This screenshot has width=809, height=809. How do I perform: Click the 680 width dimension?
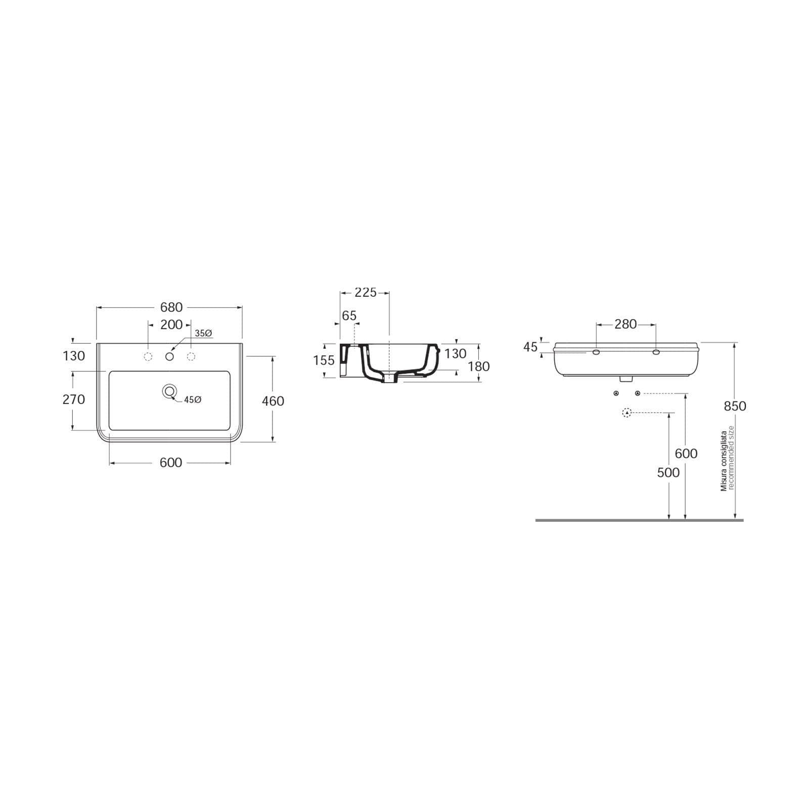click(171, 307)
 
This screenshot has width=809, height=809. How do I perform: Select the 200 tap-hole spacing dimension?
click(171, 325)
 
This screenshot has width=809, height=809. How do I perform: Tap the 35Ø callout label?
click(204, 333)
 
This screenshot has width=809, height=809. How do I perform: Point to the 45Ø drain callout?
click(193, 399)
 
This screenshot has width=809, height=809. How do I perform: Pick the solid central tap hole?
click(170, 357)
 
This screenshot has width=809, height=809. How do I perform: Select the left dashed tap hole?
click(148, 356)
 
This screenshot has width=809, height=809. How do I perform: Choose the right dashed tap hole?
click(191, 356)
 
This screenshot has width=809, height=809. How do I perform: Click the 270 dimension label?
click(74, 399)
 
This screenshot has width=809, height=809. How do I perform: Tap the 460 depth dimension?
click(273, 401)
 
